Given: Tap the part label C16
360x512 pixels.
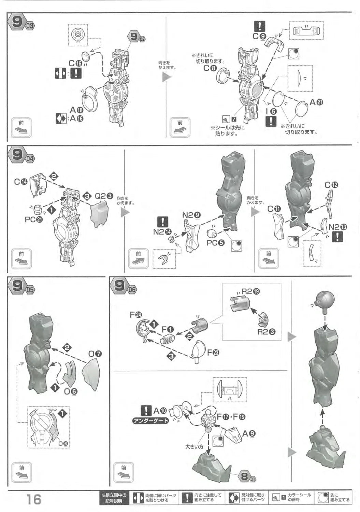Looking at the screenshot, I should coord(75,63).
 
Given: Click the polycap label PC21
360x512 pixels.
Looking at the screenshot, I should coord(34,219).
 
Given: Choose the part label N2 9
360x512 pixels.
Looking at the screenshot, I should coord(191,215).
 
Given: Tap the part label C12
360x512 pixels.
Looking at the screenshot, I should coord(331,185).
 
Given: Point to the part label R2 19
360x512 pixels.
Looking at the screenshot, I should coord(250,291).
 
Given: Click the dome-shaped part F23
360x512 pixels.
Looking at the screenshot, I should coord(197,351).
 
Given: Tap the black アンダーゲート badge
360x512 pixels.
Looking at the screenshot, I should coord(150,421).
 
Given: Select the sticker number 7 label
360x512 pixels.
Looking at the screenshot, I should coord(234,119).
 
